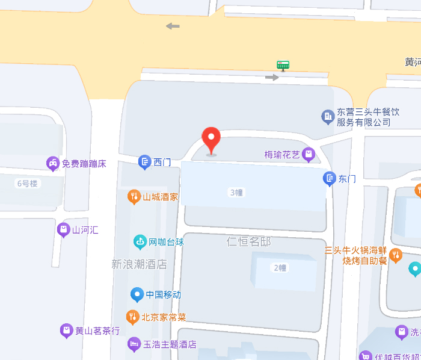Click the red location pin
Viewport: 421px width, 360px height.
coord(210,140)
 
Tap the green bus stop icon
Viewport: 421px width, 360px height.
coord(283,64)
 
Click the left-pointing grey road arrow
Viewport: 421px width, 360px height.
coord(173,26)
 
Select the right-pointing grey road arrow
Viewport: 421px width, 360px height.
coord(272,77)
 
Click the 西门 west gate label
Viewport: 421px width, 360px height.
coord(162,162)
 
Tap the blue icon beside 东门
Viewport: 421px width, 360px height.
coord(329,178)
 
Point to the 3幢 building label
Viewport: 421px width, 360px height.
coord(236,193)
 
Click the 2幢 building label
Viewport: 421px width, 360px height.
coord(280,268)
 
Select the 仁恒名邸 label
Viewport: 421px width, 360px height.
coord(248,241)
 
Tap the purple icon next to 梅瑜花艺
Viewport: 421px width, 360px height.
coord(309,155)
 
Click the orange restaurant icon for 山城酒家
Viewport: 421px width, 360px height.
coord(134,196)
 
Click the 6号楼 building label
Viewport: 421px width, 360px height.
coord(27,183)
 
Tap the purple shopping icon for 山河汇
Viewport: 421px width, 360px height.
coord(63,229)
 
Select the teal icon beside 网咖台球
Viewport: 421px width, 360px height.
coord(140,242)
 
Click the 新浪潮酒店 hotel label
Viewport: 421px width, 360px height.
coord(139,264)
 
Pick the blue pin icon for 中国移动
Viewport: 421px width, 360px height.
coord(137,294)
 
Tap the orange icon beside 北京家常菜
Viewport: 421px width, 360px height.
coord(133,317)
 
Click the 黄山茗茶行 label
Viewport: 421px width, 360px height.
coord(97,331)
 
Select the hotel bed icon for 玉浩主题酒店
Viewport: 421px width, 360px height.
coord(134,344)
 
